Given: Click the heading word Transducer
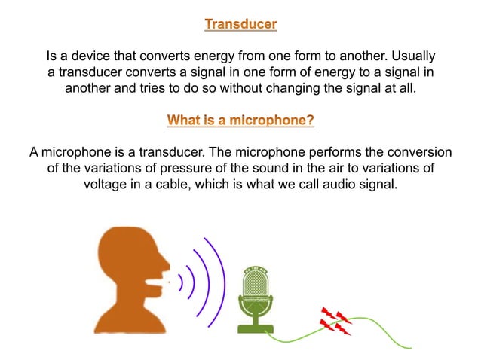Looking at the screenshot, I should point(240,25).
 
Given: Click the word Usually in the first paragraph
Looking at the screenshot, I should point(409,56).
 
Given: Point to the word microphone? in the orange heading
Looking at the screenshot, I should point(271,120).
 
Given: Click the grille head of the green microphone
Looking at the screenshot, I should point(255,285).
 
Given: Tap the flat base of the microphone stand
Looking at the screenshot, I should point(255,328).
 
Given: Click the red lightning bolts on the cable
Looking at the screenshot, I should point(335,320).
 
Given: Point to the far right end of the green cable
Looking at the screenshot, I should point(410,347).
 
